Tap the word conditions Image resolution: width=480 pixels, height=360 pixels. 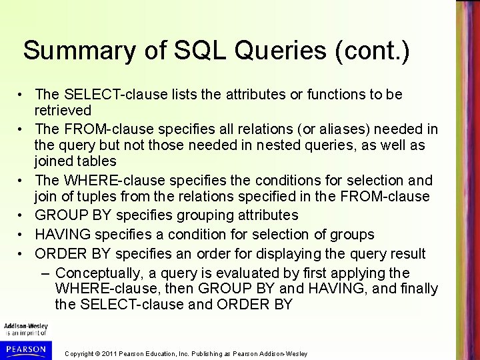coord(271,181)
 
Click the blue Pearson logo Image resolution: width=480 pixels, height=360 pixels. coord(24,349)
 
